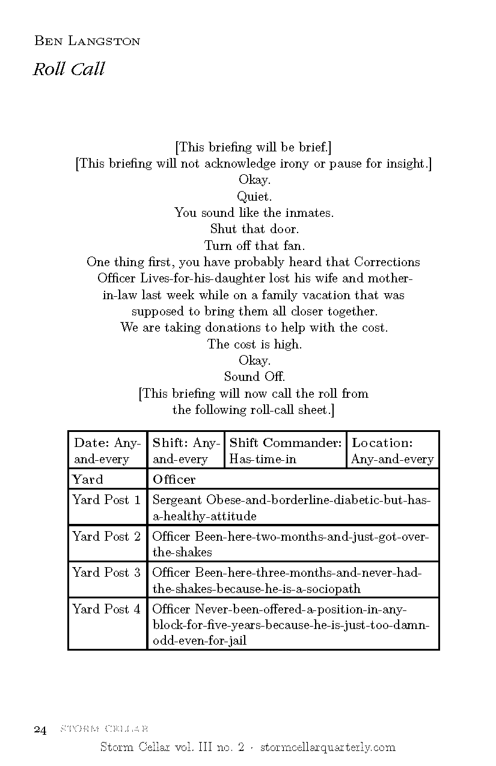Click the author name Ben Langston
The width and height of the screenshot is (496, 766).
pyautogui.click(x=87, y=41)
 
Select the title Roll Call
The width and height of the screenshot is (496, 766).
pyautogui.click(x=69, y=70)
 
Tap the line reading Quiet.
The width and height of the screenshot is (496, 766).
pyautogui.click(x=254, y=196)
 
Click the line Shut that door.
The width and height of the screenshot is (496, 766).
pyautogui.click(x=254, y=229)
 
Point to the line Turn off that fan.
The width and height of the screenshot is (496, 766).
pyautogui.click(x=254, y=245)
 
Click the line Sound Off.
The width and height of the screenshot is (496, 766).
pyautogui.click(x=254, y=377)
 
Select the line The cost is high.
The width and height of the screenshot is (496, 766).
pyautogui.click(x=254, y=344)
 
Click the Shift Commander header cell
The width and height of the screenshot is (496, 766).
pyautogui.click(x=286, y=450)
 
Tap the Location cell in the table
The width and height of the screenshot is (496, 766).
pyautogui.click(x=392, y=450)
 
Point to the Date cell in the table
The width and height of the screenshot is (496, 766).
pyautogui.click(x=107, y=450)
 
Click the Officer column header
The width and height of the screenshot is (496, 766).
pyautogui.click(x=174, y=479)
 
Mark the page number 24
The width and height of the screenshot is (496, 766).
pyautogui.click(x=40, y=730)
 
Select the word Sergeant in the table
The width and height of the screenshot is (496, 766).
pyautogui.click(x=177, y=500)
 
